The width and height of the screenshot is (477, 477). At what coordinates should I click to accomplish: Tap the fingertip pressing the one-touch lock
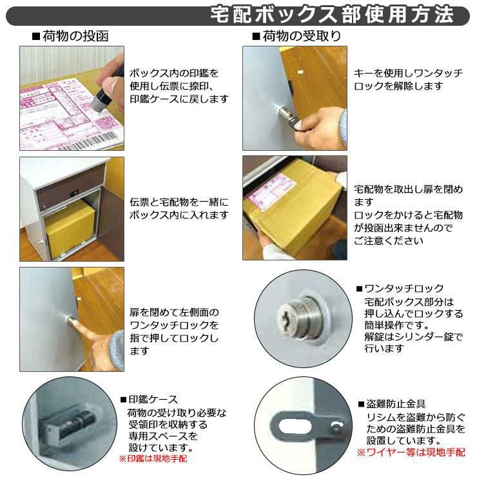(75, 326)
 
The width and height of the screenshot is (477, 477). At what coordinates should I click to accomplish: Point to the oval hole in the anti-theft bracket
(291, 425)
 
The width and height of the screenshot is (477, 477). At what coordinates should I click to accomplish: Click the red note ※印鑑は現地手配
(153, 458)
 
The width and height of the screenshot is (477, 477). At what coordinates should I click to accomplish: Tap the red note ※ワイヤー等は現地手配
(411, 453)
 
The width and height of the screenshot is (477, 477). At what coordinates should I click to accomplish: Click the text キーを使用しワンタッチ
(408, 73)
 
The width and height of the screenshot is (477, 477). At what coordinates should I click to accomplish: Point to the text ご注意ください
(389, 241)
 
